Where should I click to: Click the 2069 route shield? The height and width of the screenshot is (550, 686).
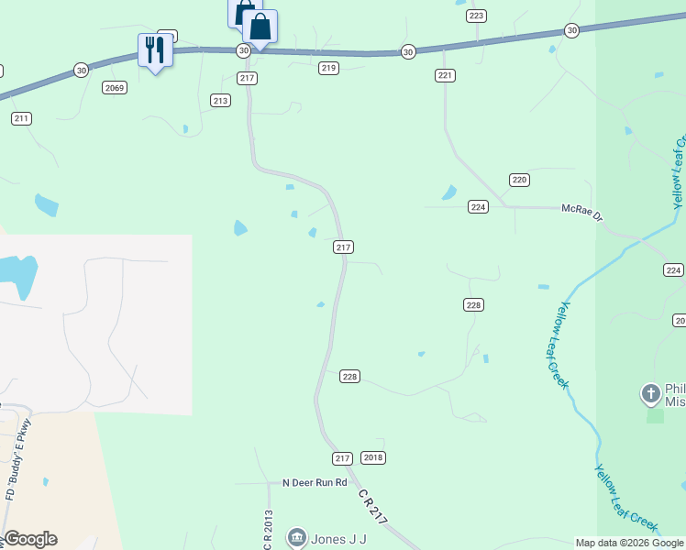coord(115,88)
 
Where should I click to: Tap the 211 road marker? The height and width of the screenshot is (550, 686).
coord(22,118)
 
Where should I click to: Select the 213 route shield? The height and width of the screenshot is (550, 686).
coord(220,100)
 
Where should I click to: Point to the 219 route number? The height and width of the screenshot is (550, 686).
coord(329,69)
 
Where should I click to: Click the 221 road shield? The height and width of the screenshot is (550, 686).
coord(445,75)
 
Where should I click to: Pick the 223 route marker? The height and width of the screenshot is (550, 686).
coord(476,16)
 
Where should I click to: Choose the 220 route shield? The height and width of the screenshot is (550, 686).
coord(519,180)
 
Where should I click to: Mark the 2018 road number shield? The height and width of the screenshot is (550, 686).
coord(373,457)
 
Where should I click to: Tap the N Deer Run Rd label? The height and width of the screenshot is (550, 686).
coord(315,482)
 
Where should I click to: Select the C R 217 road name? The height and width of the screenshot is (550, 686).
coord(373,507)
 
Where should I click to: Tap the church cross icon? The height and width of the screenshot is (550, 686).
coord(650,394)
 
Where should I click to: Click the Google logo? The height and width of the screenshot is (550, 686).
coord(30,539)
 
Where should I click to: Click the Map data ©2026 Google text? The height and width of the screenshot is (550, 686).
coord(629,543)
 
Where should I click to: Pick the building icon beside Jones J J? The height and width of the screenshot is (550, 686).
coord(297,537)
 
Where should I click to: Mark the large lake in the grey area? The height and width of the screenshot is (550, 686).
coord(17,275)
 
